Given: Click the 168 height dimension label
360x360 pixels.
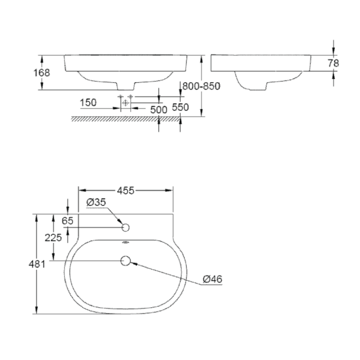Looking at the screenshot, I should point(42,73).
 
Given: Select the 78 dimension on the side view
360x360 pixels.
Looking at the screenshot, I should point(333,63).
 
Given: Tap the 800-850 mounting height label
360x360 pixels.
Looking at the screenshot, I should point(201,86).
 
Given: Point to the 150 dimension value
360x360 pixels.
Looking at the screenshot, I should point(89,103).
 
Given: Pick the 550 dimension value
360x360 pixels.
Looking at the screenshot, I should point(181,107).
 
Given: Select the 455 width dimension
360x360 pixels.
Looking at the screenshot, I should point(125,190).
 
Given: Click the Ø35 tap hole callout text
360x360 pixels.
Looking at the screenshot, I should point(96,203).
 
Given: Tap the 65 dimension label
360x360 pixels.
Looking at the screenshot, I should point(67,221).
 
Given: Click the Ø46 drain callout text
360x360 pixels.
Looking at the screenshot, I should point(212,279).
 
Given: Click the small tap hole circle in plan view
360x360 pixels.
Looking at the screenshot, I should point(125,227).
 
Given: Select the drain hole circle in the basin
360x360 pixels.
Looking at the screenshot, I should point(125,261).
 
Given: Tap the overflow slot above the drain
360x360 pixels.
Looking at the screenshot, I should point(125,244).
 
